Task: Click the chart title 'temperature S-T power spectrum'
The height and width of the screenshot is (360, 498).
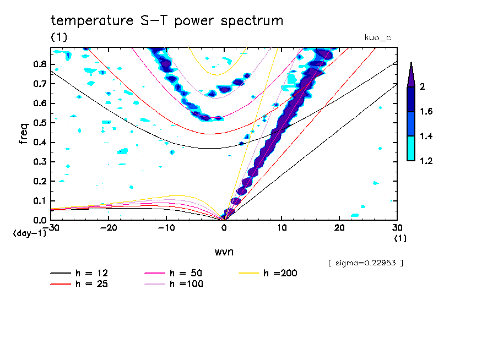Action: (166, 21)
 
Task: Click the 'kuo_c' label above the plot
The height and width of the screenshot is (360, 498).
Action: (377, 37)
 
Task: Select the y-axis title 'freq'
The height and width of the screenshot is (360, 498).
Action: (23, 133)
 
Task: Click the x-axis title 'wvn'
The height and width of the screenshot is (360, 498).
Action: (224, 252)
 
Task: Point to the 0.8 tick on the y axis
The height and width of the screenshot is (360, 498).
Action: (39, 64)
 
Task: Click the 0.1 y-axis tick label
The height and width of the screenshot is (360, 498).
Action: (39, 201)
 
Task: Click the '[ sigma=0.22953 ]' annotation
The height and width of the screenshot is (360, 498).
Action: (365, 263)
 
